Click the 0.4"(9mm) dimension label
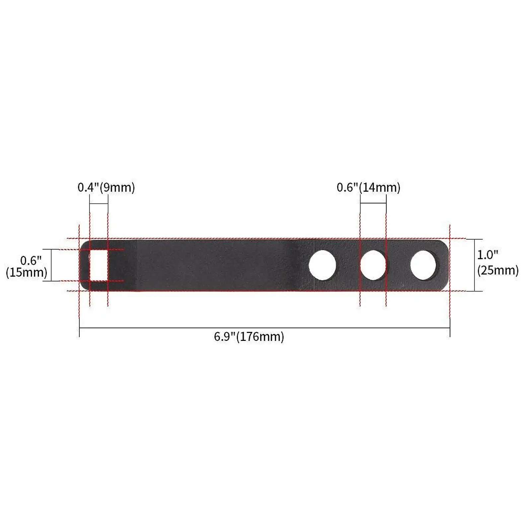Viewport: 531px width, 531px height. pos(106,188)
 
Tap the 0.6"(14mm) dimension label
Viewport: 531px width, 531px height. pos(368,188)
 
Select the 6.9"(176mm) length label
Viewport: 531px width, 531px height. pos(249,337)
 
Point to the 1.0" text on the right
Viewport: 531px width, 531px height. pos(488,255)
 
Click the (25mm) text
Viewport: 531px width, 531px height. pos(497,270)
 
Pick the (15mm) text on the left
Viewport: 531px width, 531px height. pos(27,272)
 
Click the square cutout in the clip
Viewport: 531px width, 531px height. pos(99,265)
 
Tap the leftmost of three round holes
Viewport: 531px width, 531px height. pos(322,265)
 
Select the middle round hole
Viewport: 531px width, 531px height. pos(373,265)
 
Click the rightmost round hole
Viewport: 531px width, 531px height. pos(423,265)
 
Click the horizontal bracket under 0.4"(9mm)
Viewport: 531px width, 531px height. pos(99,203)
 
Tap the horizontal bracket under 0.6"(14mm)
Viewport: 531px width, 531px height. pos(373,203)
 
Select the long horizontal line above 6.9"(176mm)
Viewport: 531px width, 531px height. pos(265,328)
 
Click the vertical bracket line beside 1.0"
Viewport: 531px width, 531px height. pos(474,265)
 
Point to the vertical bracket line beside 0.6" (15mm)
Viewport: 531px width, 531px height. pos(51,265)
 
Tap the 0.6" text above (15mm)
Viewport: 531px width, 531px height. pos(31,261)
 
